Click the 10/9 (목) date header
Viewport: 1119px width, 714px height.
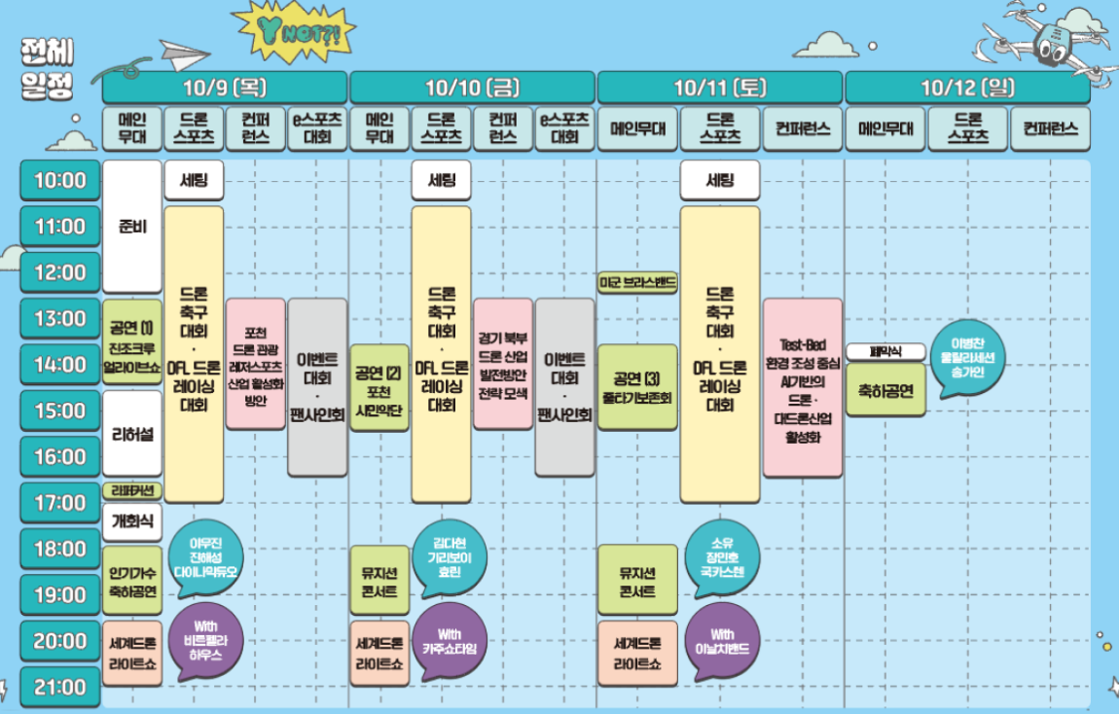coord(225,88)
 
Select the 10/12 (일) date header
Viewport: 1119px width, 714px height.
coord(967,88)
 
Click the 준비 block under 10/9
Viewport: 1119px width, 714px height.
coord(132,226)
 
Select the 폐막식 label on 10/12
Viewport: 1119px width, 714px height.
coord(885,350)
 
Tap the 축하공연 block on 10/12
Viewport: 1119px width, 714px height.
coord(885,390)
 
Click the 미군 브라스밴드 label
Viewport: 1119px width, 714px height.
coord(637,282)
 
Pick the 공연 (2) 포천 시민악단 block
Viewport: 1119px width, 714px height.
coord(379,387)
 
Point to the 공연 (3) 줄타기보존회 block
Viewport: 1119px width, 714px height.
coord(637,387)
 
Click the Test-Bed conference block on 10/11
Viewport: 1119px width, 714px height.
coord(803,387)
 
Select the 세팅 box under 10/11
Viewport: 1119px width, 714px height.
coord(719,180)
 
